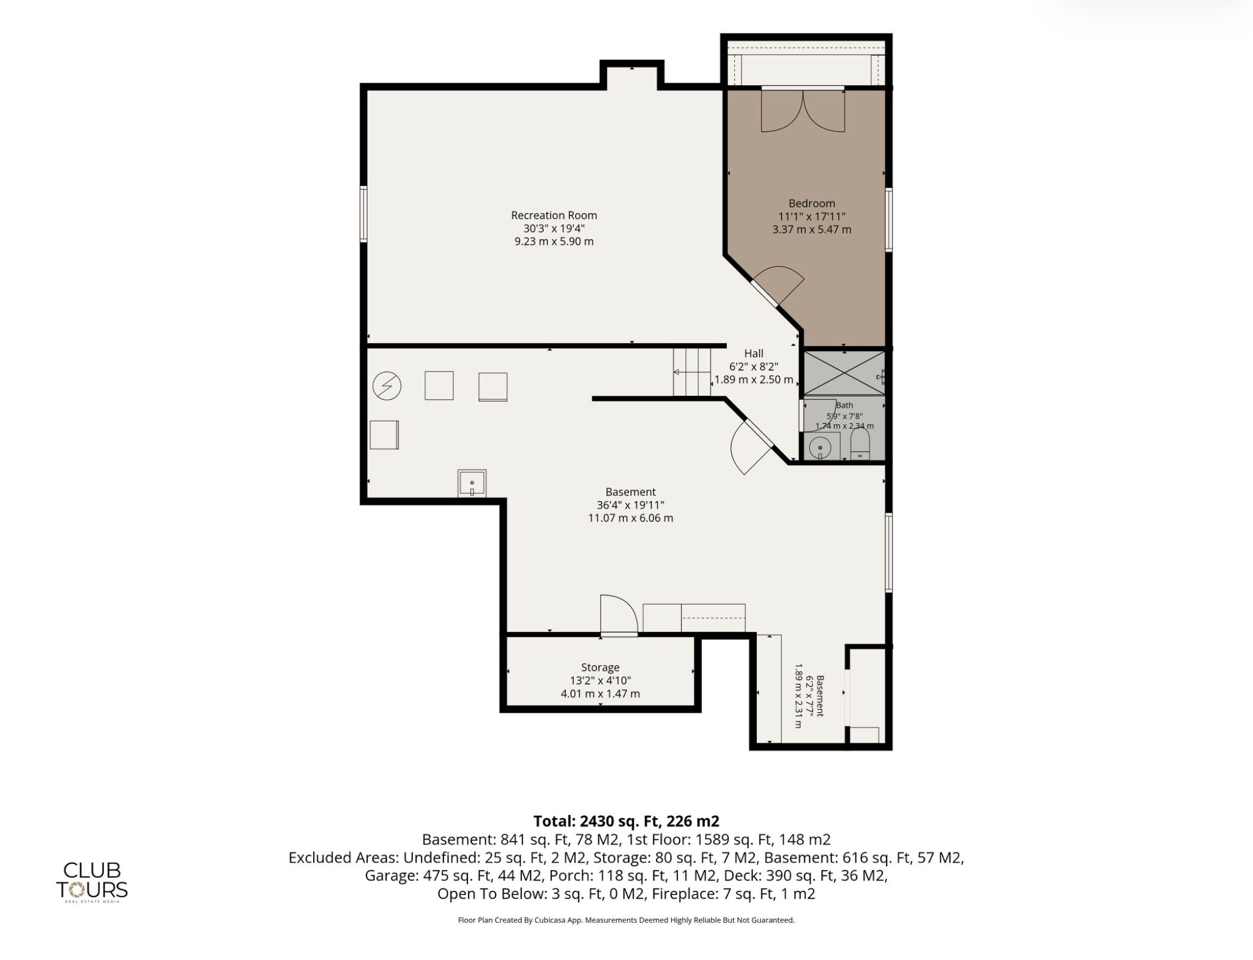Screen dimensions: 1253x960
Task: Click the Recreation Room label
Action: click(x=554, y=215)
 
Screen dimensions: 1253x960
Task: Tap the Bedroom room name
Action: click(x=811, y=204)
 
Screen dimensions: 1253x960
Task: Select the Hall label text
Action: click(x=754, y=353)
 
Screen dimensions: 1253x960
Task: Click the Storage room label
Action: click(x=600, y=668)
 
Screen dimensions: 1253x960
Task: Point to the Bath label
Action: click(x=844, y=405)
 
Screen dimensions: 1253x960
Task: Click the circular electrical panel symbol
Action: click(x=387, y=387)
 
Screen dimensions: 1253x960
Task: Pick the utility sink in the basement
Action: click(x=472, y=483)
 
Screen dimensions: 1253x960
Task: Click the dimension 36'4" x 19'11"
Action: click(x=630, y=505)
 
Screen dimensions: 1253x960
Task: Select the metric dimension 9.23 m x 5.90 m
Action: click(x=554, y=241)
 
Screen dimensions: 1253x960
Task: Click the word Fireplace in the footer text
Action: click(x=682, y=894)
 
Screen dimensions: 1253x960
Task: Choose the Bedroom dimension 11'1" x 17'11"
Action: click(x=811, y=217)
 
